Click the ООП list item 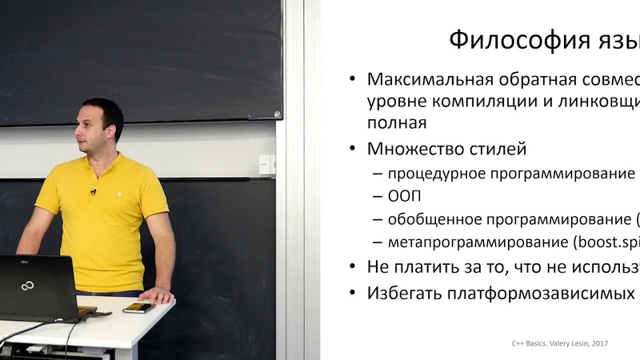[x=404, y=196]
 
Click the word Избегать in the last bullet [x=402, y=292]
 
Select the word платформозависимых [x=535, y=292]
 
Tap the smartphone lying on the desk [x=138, y=307]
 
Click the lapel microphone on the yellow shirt [x=94, y=192]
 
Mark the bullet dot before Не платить [x=352, y=268]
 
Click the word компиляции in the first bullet [x=458, y=102]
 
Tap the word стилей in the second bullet [x=500, y=149]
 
